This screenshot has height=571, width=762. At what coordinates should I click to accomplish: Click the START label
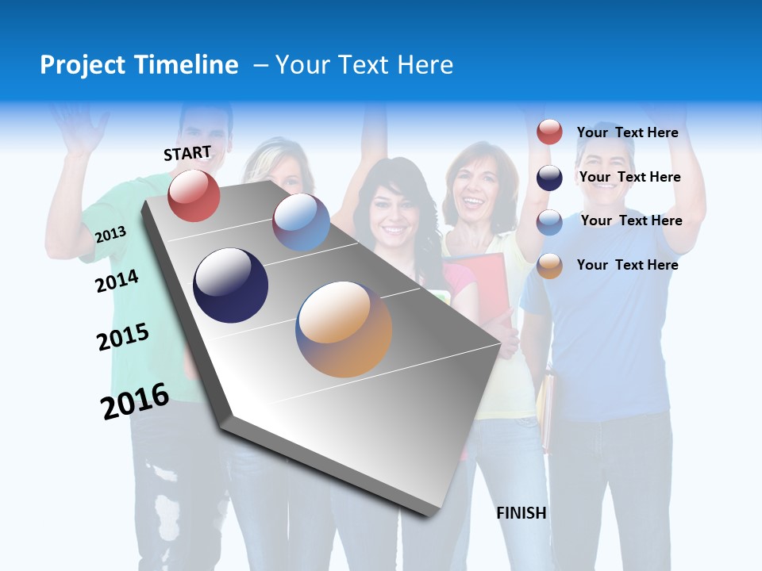tap(187, 153)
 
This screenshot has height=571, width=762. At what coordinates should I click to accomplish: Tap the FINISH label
tap(521, 513)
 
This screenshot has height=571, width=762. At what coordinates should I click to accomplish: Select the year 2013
tap(110, 234)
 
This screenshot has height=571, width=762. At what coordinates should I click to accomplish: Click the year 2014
tap(117, 281)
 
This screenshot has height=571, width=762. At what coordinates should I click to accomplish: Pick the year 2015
tap(123, 336)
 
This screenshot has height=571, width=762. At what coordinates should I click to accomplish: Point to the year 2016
tap(135, 400)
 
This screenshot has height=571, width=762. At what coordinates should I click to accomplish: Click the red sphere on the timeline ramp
tap(194, 195)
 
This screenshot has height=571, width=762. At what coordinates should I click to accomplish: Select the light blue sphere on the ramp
tap(301, 222)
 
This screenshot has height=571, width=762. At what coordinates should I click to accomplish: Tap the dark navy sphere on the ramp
tap(231, 285)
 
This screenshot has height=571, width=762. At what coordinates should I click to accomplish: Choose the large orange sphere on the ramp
tap(344, 329)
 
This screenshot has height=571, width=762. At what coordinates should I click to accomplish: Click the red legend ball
tap(549, 132)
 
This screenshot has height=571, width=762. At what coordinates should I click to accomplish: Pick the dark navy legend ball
tap(549, 178)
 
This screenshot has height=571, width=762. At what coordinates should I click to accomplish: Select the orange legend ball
tap(549, 266)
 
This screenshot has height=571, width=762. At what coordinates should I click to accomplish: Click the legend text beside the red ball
tap(627, 132)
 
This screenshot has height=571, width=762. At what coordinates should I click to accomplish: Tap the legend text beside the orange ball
tap(627, 265)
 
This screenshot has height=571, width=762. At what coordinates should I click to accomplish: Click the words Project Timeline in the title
tap(139, 65)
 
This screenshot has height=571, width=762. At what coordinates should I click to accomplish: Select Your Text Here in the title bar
tap(364, 65)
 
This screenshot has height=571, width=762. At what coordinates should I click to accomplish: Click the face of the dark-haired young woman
tap(394, 214)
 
